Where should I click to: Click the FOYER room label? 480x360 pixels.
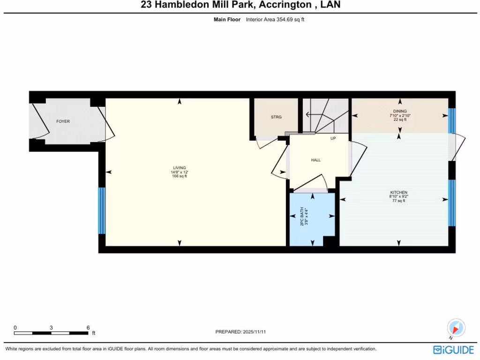pos(63,121)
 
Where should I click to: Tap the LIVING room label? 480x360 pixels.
pos(180,168)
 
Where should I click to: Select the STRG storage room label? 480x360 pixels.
pos(276,117)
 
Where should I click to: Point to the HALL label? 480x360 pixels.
pos(316,160)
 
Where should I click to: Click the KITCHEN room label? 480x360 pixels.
pos(399,192)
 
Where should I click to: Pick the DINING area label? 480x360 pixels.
pos(400,111)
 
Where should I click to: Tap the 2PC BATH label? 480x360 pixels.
pos(302,217)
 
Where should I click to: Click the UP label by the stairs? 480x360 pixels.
pos(333,138)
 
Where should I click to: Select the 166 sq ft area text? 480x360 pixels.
pos(180,176)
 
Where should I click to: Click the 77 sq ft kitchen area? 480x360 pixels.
pos(399,201)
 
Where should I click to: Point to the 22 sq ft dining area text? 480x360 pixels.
pos(400,120)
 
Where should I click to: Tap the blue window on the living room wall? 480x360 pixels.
pos(101,210)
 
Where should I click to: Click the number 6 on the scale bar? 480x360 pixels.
pos(88,327)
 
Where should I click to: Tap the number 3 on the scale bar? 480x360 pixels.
pos(51,327)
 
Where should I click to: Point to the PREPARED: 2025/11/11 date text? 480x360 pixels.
pos(241,332)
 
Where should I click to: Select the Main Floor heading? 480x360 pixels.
pos(227,20)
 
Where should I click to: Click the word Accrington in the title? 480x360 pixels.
pos(282,5)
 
